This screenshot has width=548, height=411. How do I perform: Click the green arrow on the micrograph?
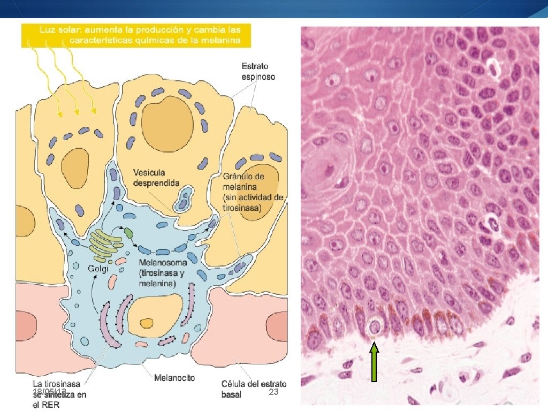374,363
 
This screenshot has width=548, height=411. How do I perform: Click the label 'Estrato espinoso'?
258,72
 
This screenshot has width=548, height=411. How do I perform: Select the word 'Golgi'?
98,269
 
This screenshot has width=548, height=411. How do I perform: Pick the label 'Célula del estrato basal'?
254,389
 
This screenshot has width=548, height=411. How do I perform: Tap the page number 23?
273,393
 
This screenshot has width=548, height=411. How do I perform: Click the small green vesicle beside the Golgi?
129,233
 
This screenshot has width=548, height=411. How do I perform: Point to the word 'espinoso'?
258,77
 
